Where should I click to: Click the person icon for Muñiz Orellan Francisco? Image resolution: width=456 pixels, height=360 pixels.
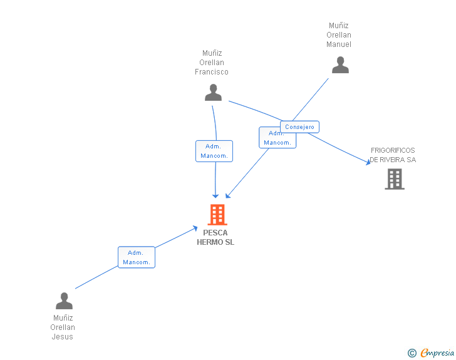(213, 93)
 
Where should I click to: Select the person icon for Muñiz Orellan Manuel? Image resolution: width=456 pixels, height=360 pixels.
(340, 65)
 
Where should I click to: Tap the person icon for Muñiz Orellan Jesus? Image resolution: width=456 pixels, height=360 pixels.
(64, 301)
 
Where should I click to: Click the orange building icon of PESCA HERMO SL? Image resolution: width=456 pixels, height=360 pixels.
(217, 215)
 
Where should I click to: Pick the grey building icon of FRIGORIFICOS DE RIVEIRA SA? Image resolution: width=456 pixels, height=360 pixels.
(394, 179)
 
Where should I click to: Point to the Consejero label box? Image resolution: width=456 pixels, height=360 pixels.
(299, 127)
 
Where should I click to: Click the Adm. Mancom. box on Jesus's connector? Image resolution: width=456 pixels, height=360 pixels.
(137, 257)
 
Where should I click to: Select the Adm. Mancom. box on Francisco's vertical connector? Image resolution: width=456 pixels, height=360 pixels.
(214, 151)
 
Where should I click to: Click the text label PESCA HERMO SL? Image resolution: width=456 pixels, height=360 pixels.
(215, 238)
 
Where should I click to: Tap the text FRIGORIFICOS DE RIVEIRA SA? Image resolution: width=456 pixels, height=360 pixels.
(393, 155)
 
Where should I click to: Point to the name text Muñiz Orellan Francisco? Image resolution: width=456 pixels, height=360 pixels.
(212, 63)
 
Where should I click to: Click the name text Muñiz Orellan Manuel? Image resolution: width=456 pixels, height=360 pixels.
(339, 35)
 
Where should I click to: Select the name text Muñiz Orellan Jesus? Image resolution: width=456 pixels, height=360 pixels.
(63, 327)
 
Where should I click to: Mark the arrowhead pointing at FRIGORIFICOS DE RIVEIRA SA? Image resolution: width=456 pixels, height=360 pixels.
(368, 162)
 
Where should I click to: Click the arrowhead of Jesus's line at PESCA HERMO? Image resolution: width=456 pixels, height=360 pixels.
(195, 229)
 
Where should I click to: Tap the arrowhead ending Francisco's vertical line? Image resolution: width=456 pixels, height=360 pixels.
(215, 195)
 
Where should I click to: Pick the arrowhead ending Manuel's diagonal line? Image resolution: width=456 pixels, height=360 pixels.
(229, 195)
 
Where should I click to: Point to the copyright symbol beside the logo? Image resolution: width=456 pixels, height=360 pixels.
(412, 353)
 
